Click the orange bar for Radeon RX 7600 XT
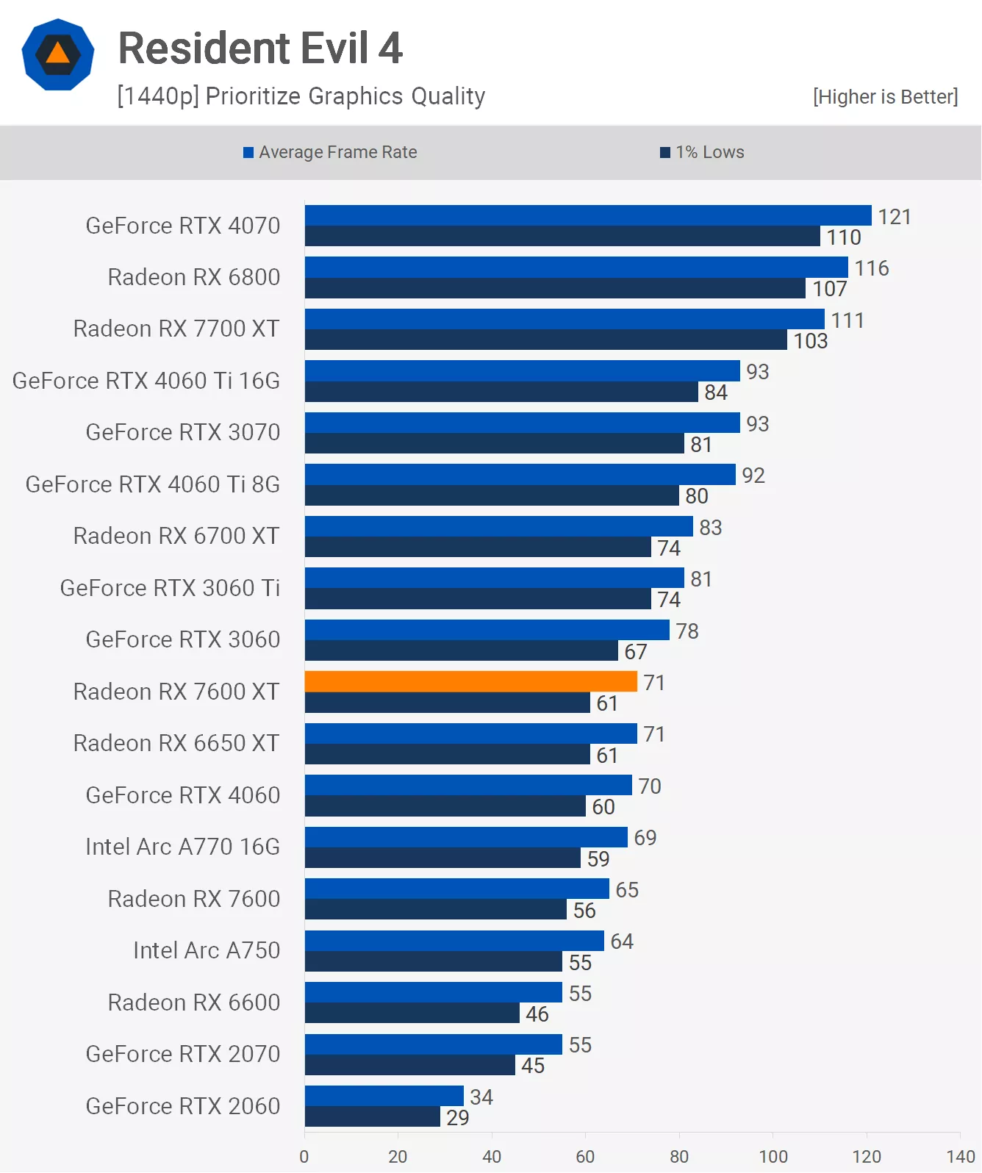click(x=470, y=681)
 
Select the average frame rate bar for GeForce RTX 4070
click(x=588, y=215)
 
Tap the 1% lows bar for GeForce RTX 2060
click(x=373, y=1117)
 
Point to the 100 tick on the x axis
click(x=773, y=1156)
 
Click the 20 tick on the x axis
click(x=398, y=1156)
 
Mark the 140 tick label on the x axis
click(x=960, y=1156)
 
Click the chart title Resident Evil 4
click(x=260, y=49)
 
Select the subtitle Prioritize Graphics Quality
click(x=301, y=96)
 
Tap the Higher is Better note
click(x=885, y=97)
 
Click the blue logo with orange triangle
click(x=58, y=54)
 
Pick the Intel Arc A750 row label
click(x=207, y=950)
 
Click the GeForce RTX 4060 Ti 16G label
click(x=146, y=381)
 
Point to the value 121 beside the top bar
click(x=895, y=217)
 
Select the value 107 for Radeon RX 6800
click(x=830, y=289)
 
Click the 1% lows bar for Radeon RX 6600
click(x=412, y=1014)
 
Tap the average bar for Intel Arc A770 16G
click(x=466, y=837)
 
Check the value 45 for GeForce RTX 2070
click(x=533, y=1066)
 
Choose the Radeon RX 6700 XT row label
click(x=176, y=536)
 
